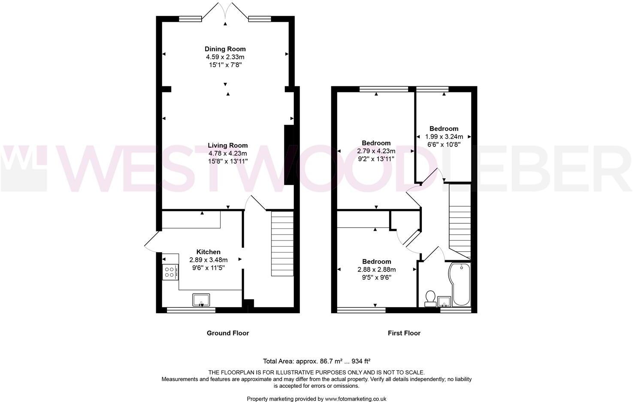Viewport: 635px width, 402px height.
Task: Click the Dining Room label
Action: tap(225, 49)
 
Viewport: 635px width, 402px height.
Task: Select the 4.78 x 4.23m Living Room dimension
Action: tap(227, 153)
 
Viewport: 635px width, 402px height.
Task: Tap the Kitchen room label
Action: tap(208, 252)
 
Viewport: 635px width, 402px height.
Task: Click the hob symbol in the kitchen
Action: tap(170, 272)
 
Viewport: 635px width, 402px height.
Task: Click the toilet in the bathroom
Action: tap(430, 298)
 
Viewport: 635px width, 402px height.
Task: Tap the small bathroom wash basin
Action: tap(444, 301)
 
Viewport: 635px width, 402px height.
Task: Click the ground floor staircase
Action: tap(282, 243)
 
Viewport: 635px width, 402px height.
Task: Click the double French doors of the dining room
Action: tap(225, 11)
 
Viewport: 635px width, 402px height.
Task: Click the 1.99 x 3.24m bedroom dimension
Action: tap(444, 137)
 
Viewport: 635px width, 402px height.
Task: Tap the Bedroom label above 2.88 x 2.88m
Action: tap(376, 262)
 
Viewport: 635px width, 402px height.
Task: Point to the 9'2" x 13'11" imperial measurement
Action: tap(376, 159)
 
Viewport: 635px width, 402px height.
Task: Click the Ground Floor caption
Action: tap(227, 333)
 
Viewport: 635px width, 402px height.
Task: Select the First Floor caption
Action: tap(404, 333)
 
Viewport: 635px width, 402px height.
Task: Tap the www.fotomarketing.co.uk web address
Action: tap(355, 399)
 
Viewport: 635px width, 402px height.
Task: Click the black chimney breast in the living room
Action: tap(289, 155)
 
